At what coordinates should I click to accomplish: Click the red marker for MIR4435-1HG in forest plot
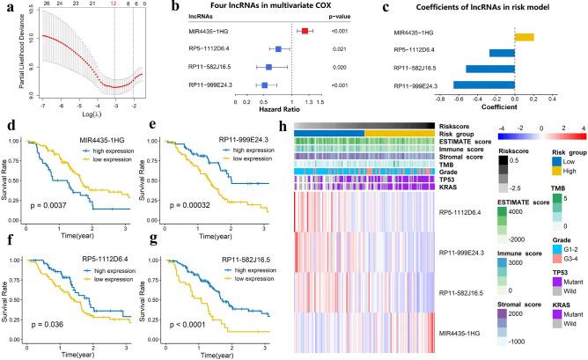coord(305,31)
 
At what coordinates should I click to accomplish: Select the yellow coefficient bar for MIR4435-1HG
coord(524,36)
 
